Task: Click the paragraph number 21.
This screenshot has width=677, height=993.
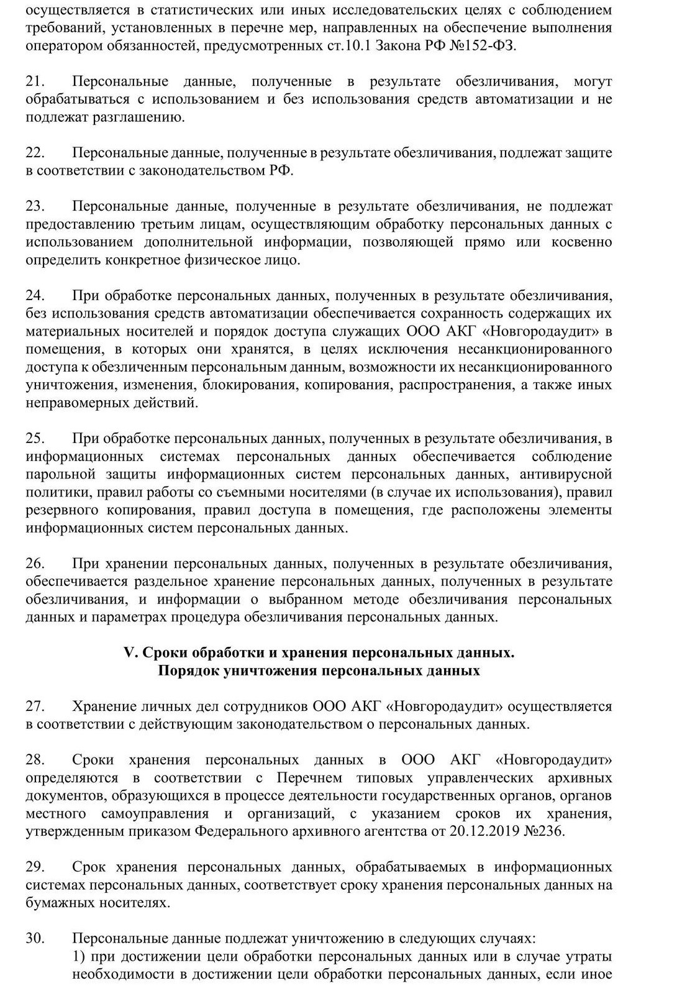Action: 34,82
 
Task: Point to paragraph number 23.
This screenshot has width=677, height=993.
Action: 34,207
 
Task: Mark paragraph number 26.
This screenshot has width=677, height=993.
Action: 34,564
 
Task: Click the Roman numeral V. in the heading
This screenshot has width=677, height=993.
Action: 131,653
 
